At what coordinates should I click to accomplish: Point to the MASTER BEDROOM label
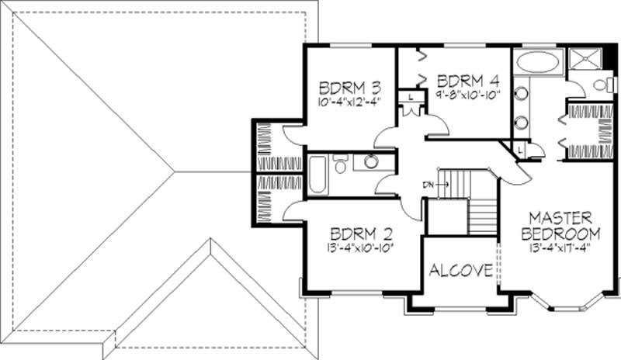[x=560, y=225]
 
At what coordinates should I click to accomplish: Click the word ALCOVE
[x=460, y=271]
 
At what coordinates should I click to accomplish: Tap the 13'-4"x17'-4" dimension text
[x=560, y=249]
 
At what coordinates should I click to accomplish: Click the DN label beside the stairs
[x=428, y=184]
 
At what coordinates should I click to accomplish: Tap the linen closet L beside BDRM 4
[x=410, y=96]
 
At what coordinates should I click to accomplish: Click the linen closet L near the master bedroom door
[x=518, y=147]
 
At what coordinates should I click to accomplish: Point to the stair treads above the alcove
[x=483, y=213]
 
